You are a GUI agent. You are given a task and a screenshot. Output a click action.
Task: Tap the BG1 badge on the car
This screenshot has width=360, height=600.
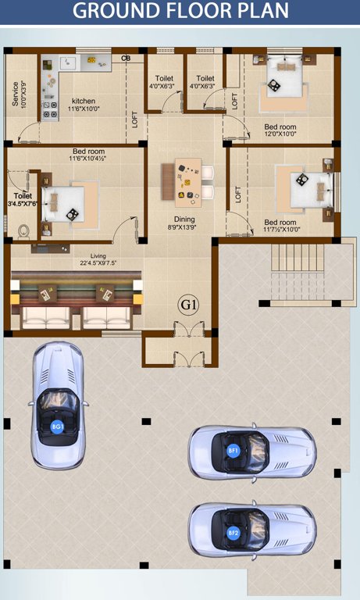click(57, 427)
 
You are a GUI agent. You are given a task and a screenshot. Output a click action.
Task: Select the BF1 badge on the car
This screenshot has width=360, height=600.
click(233, 451)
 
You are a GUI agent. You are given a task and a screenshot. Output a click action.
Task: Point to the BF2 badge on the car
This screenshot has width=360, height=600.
click(233, 533)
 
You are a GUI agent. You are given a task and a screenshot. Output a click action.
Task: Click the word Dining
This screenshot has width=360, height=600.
click(184, 220)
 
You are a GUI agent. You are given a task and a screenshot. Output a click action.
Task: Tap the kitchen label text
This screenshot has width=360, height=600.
click(84, 101)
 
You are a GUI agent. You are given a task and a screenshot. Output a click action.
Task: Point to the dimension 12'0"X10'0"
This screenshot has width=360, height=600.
click(280, 134)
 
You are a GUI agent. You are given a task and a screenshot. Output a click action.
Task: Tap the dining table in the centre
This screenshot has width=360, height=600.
click(187, 180)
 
